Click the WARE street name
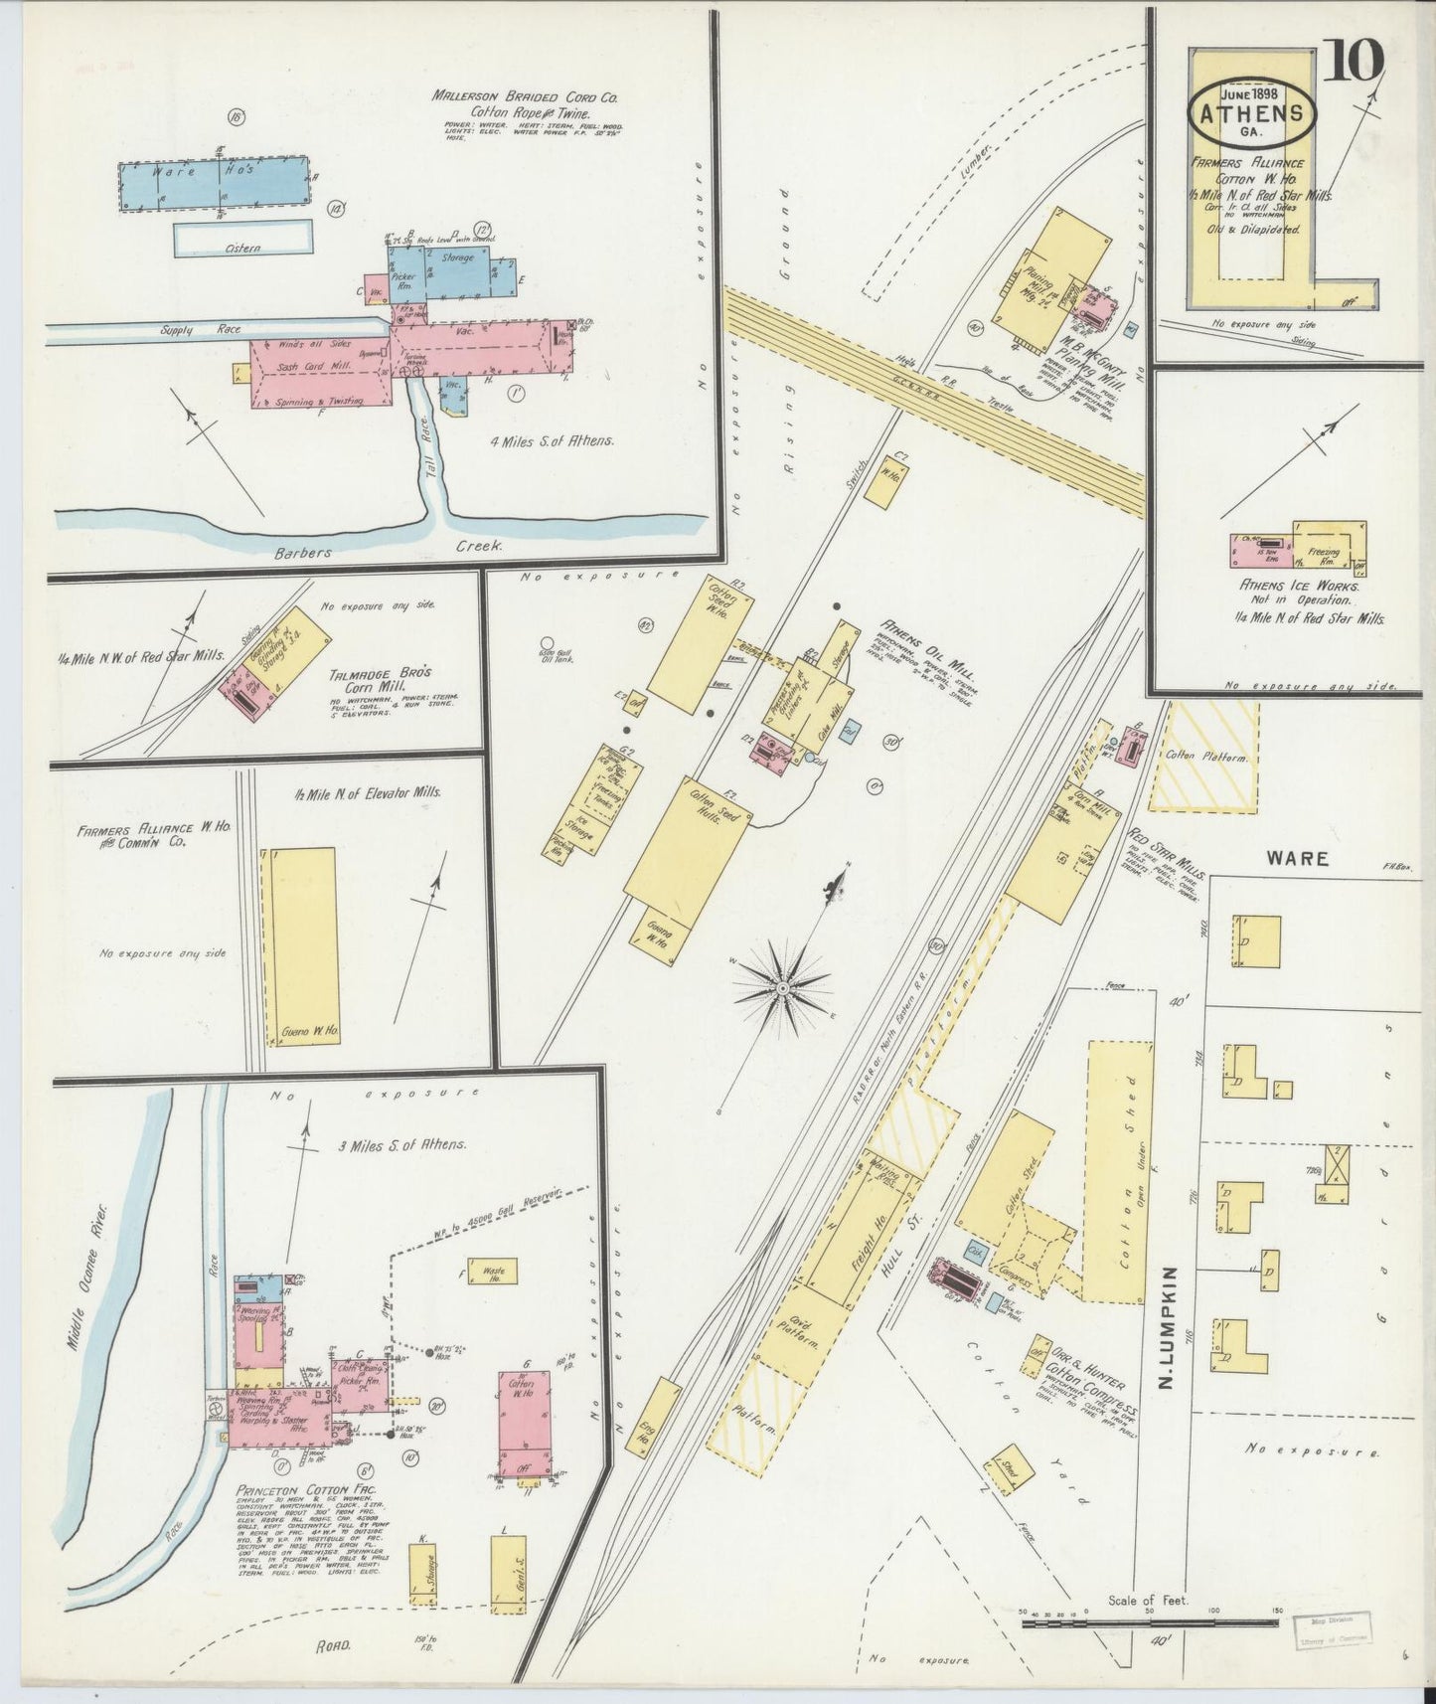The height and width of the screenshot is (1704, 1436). (1298, 857)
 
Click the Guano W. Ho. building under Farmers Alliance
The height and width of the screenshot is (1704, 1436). (306, 944)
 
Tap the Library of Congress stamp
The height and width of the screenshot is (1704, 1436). (1336, 1631)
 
